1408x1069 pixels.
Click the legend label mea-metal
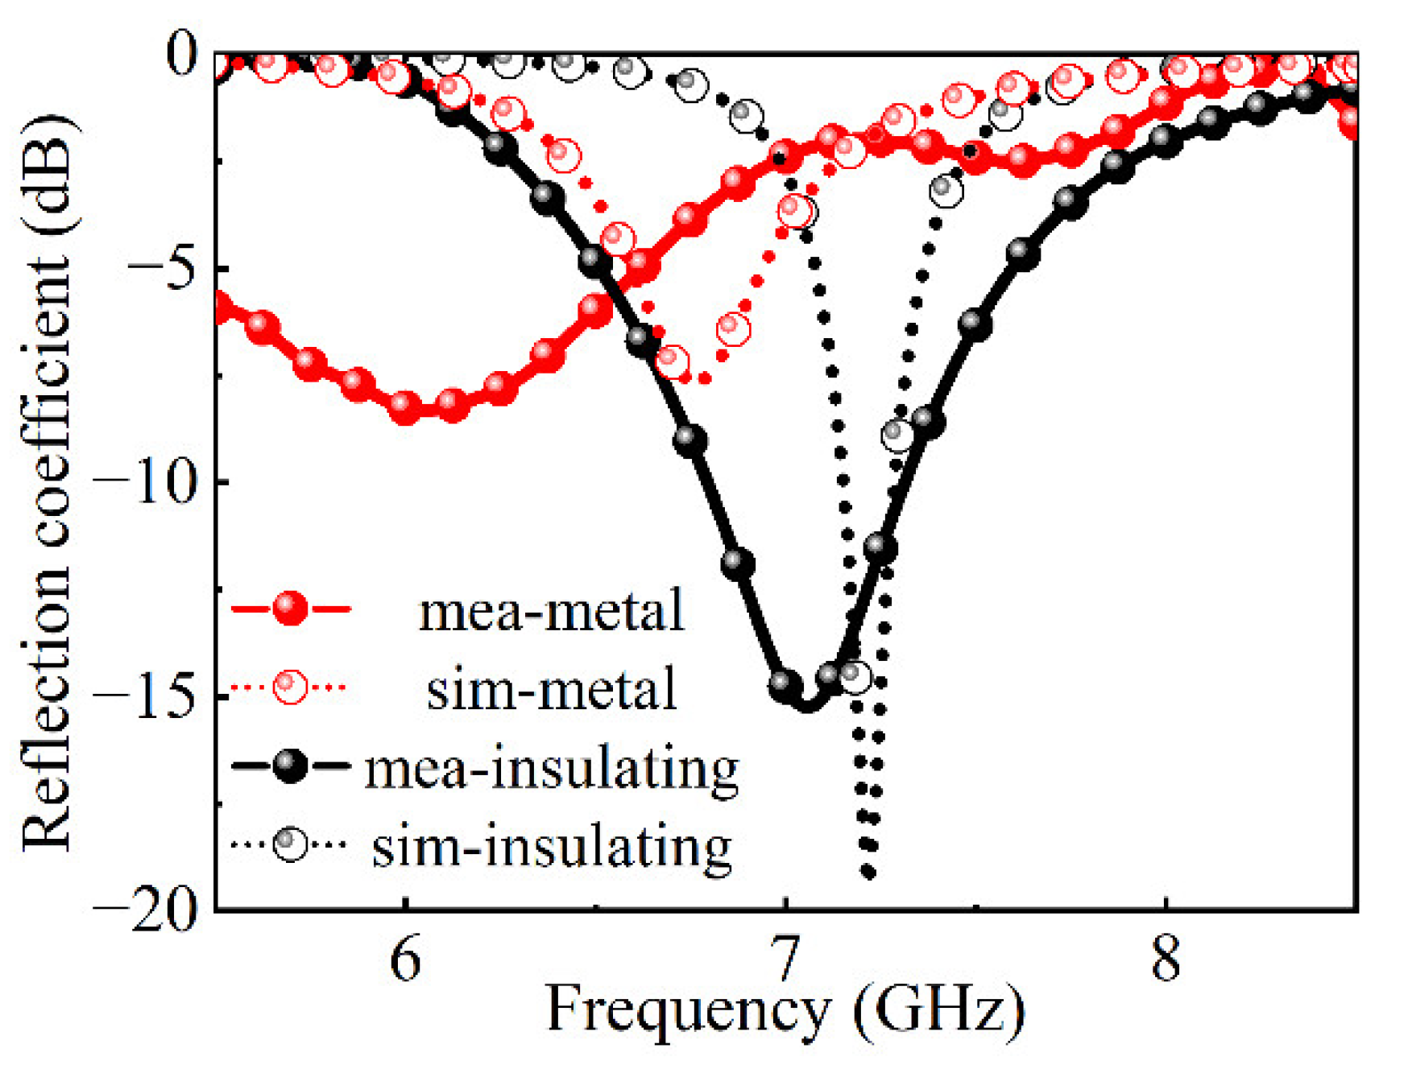click(x=551, y=612)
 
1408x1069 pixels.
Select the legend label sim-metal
click(x=551, y=690)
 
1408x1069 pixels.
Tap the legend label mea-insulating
click(x=551, y=769)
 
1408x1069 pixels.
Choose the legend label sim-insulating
click(x=551, y=846)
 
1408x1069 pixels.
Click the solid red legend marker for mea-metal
click(x=290, y=608)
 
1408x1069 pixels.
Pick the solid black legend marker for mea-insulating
click(x=290, y=766)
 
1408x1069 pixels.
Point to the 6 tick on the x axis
click(x=405, y=960)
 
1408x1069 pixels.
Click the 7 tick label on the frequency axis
click(x=785, y=960)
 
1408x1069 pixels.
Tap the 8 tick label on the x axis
click(x=1166, y=960)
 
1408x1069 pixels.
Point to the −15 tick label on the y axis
click(x=145, y=696)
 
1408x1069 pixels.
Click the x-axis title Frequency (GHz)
click(x=785, y=1010)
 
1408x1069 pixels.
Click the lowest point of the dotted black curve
click(x=868, y=872)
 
